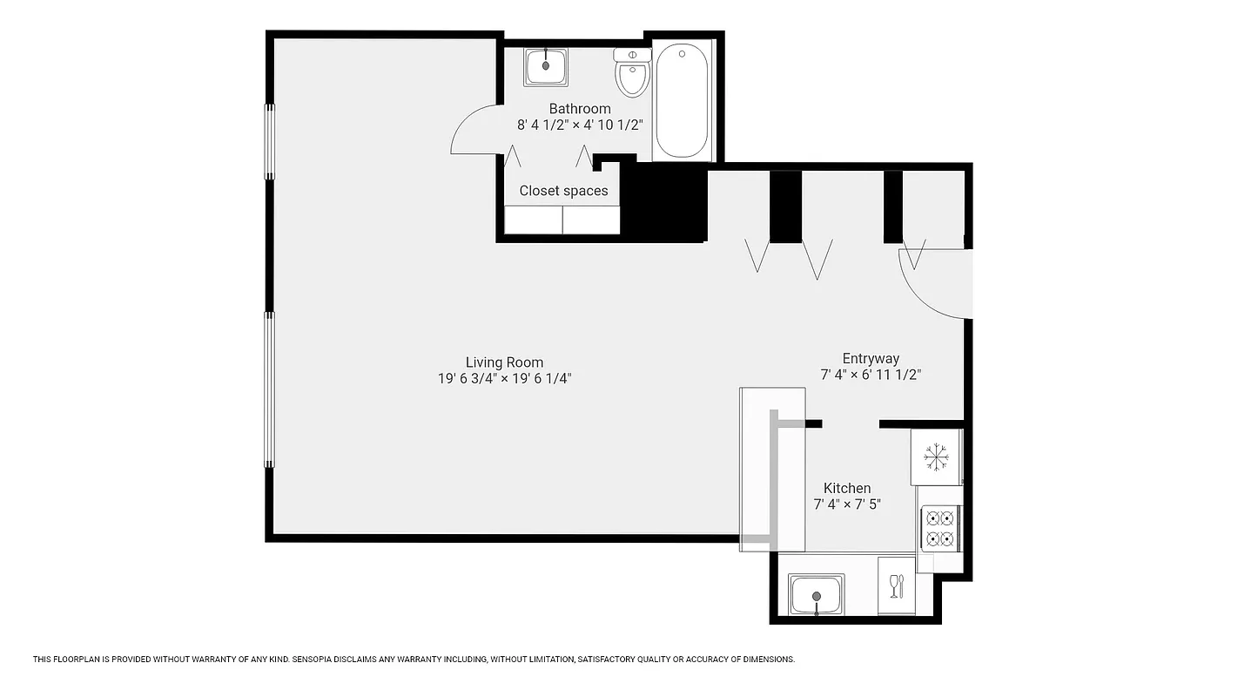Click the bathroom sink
coord(546,67)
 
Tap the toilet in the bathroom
coord(632,73)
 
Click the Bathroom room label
coord(580,109)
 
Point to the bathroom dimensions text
coord(580,125)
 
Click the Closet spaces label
coord(563,191)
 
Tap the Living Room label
coord(504,362)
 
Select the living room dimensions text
coord(504,378)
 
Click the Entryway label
coord(871,359)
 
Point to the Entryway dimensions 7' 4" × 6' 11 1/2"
coord(871,375)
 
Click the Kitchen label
coord(847,488)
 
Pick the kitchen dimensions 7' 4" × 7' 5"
coord(847,504)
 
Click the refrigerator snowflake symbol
coord(936,456)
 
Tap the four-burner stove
coord(940,528)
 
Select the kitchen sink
coord(817,594)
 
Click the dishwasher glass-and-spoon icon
coord(897,585)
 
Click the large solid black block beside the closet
coord(666,202)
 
